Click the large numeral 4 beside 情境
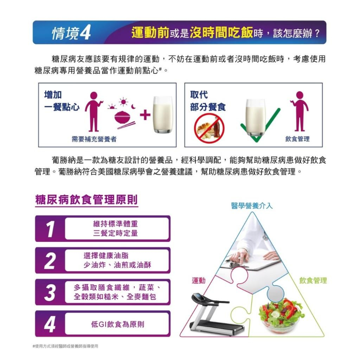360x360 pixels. [85, 32]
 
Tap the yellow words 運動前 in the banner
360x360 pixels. [150, 33]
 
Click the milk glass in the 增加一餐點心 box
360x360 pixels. [163, 114]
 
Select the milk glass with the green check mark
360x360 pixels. [255, 118]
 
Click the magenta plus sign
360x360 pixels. [145, 115]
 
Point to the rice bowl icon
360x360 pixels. [122, 117]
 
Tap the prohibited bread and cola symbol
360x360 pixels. [209, 129]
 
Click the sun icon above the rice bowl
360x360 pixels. [123, 102]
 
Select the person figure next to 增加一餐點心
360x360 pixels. [94, 112]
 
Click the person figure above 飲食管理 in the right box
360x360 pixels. [299, 111]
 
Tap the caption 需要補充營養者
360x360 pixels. [94, 139]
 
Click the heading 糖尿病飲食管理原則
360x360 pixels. [86, 199]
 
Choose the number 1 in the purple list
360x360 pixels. [50, 229]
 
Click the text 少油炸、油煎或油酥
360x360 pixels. [117, 265]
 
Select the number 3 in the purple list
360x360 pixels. [50, 292]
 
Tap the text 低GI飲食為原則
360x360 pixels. [118, 324]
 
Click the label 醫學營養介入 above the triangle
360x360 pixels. [252, 206]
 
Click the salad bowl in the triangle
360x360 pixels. [281, 315]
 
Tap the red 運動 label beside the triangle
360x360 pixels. [199, 280]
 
